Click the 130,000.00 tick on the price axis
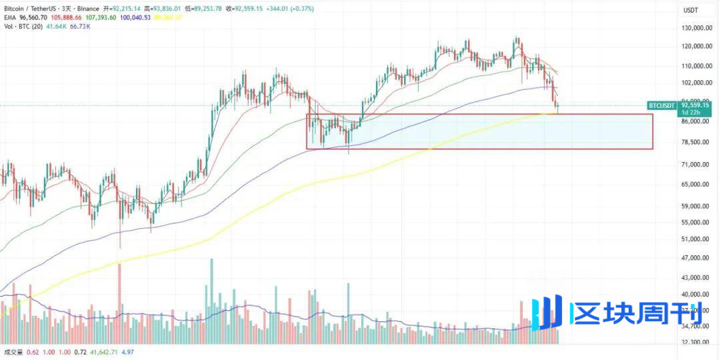pos(698,29)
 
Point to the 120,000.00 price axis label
pos(698,47)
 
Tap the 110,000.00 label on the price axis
pos(698,67)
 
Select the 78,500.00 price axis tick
pos(697,143)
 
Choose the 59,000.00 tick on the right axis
pos(697,207)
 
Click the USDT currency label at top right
pos(691,10)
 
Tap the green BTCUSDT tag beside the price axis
pos(661,105)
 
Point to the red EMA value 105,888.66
pos(78,17)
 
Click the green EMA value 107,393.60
pos(111,17)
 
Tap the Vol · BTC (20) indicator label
pos(23,26)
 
